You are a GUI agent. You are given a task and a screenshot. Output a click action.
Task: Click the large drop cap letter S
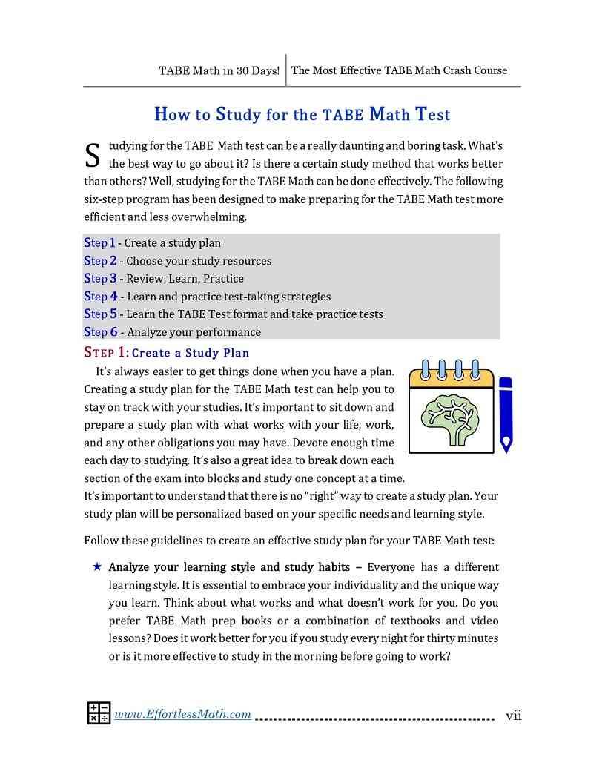[x=93, y=155]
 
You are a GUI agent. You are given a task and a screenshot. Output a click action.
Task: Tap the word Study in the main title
[x=238, y=115]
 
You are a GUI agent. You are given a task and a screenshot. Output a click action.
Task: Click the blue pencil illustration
[x=506, y=414]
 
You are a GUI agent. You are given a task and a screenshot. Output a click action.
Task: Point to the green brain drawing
[x=450, y=418]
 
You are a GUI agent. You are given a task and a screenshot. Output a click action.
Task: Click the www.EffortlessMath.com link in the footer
[x=182, y=714]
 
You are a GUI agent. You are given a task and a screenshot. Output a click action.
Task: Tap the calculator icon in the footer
[x=99, y=713]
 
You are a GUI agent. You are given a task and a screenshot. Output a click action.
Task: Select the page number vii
[x=514, y=716]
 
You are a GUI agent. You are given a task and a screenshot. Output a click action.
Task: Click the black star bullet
[x=97, y=567]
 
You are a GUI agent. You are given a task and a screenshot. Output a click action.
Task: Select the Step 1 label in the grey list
[x=99, y=243]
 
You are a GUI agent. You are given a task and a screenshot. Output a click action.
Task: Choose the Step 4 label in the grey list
[x=100, y=297]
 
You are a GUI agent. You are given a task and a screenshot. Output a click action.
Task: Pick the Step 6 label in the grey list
[x=100, y=332]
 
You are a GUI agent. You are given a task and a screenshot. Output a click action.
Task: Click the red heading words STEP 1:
[x=106, y=353]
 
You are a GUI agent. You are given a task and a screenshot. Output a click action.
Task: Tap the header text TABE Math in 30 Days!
[x=219, y=71]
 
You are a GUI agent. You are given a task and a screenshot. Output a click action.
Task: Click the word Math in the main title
[x=389, y=115]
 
